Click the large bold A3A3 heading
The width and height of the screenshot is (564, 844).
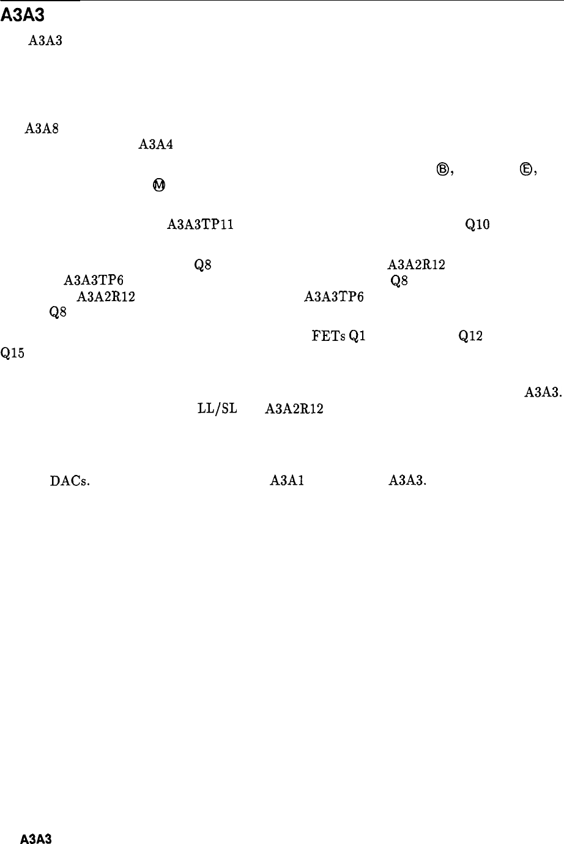pyautogui.click(x=23, y=17)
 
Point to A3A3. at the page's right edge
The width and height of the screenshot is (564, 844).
pyautogui.click(x=543, y=395)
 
